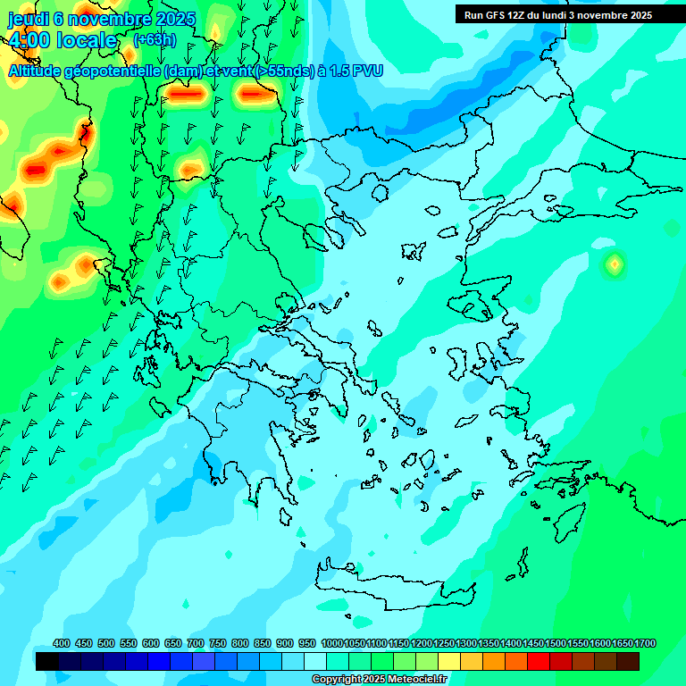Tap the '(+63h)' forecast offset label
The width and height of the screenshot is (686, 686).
pyautogui.click(x=155, y=40)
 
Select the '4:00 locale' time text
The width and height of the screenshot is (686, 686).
pyautogui.click(x=63, y=40)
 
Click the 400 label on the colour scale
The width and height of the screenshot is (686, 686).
pyautogui.click(x=62, y=643)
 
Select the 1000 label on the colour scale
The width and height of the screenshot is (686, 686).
pyautogui.click(x=331, y=643)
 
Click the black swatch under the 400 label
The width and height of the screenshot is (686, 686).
pyautogui.click(x=47, y=661)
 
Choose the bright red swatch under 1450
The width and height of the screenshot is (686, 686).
pyautogui.click(x=539, y=661)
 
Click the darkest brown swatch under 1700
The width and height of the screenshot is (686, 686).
pyautogui.click(x=628, y=661)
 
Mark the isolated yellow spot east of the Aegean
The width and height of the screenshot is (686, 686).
pyautogui.click(x=615, y=264)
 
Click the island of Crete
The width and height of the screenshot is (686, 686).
pyautogui.click(x=384, y=581)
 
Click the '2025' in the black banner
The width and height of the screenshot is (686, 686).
pyautogui.click(x=637, y=15)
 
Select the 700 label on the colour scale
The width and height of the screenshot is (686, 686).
pyautogui.click(x=196, y=643)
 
